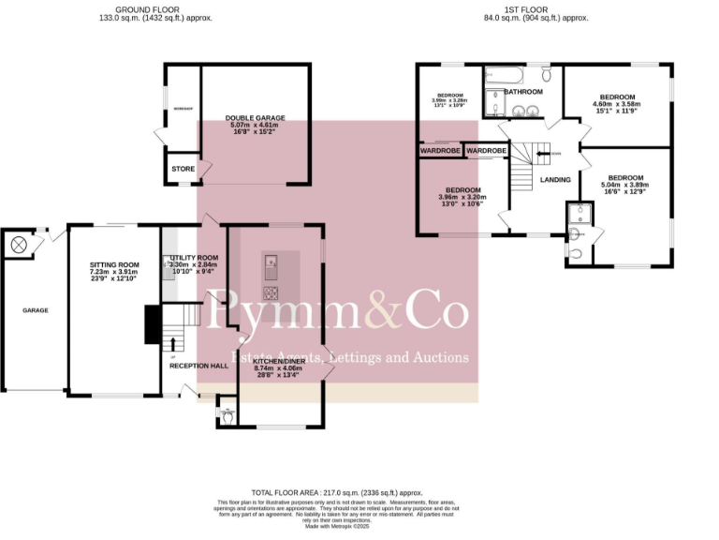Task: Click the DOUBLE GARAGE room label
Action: point(255,118)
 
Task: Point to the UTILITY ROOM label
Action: point(195,258)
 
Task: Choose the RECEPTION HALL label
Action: point(198,366)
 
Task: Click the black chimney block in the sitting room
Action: point(151,324)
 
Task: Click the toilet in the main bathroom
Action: point(548,74)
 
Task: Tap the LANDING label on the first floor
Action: point(555,179)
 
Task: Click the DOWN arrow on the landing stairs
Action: point(544,154)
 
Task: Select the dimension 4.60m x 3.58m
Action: point(617,106)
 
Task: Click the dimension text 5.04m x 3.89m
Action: point(625,186)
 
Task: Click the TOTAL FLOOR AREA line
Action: point(337,492)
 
